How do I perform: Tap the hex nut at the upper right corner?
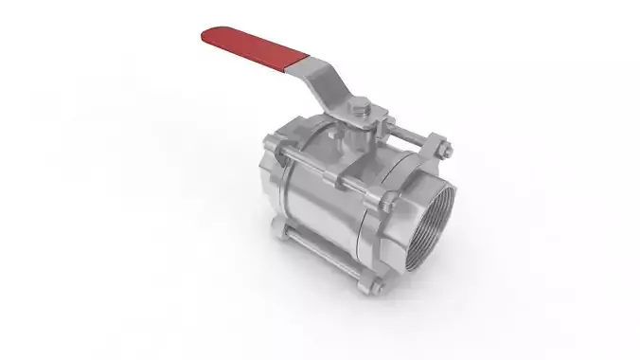click(x=440, y=147)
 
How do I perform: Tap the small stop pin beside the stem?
click(x=335, y=138)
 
